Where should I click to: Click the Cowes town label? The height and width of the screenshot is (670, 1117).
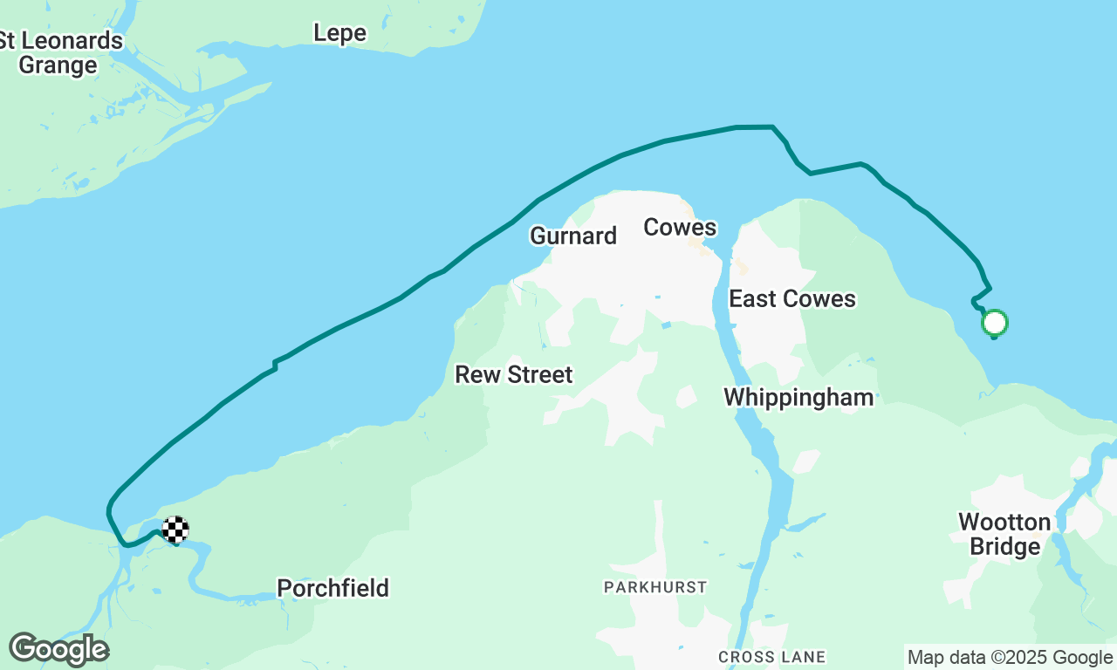(680, 228)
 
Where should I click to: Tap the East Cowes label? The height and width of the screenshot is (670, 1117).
(792, 299)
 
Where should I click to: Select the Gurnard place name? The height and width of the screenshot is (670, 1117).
(573, 236)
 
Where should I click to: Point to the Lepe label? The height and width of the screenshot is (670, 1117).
(339, 33)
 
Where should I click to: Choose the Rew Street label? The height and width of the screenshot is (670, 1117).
(514, 375)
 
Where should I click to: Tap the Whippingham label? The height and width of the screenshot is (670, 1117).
(798, 398)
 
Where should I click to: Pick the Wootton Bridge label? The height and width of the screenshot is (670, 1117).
(1004, 535)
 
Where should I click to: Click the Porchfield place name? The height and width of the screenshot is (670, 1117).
(332, 588)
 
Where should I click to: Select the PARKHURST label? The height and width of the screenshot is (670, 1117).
(655, 587)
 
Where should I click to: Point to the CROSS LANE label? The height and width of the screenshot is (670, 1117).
(771, 656)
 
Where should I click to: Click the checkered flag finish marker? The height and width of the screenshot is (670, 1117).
(175, 530)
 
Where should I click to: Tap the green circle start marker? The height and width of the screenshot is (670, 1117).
(995, 323)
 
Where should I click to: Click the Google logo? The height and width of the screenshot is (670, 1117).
(58, 650)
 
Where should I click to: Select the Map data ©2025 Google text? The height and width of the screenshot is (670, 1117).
(1010, 658)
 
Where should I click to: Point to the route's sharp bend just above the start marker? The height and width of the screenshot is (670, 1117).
(989, 289)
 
